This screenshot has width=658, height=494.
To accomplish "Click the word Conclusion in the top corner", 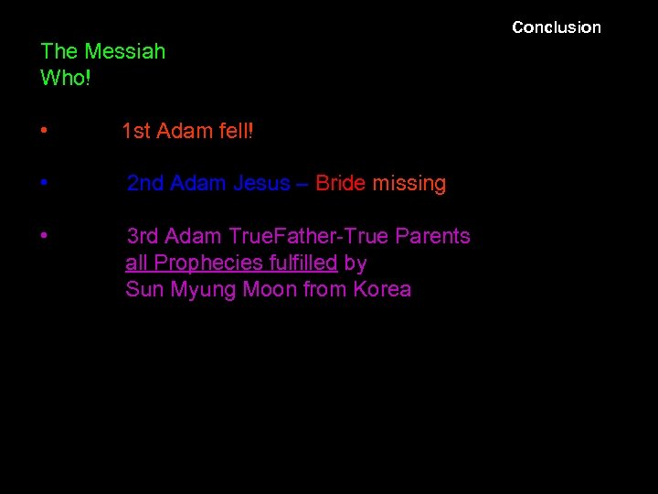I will click(557, 27).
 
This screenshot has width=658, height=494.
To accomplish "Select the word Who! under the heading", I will click(65, 78).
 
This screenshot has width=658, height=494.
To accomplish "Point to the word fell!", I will click(236, 132).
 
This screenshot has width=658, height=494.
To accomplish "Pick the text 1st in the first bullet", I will click(136, 132).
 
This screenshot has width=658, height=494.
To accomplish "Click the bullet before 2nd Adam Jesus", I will click(44, 184).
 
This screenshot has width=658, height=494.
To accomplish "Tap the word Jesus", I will click(261, 184).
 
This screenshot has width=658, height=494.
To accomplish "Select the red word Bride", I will click(340, 184).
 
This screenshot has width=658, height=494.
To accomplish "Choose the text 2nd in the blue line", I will click(145, 184).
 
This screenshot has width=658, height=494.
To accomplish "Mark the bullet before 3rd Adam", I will click(44, 236).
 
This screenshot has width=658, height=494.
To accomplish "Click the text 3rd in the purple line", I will click(144, 236).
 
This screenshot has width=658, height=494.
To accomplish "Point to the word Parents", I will click(433, 236).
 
